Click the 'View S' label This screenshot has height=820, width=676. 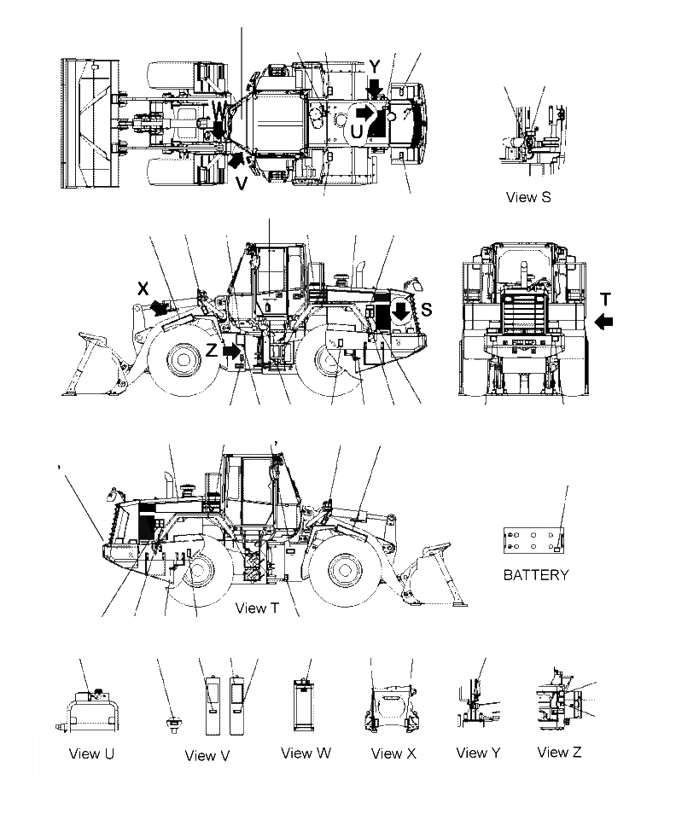click(x=528, y=197)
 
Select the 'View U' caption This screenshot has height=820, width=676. click(x=91, y=753)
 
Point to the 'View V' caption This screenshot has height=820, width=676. click(x=207, y=755)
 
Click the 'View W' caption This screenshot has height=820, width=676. click(x=306, y=753)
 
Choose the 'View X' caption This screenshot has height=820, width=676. click(x=393, y=753)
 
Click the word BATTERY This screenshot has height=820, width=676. click(x=535, y=574)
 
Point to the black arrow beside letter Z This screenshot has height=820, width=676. click(x=230, y=350)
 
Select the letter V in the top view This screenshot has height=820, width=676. click(x=242, y=182)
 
